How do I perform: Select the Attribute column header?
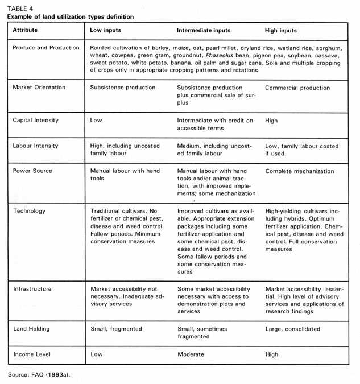[x=26, y=30]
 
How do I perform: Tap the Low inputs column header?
[x=106, y=30]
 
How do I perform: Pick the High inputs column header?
[x=281, y=30]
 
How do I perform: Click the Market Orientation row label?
[x=39, y=88]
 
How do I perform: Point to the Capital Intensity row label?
[x=35, y=121]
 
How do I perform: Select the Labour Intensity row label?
[x=35, y=146]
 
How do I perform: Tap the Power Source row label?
[x=32, y=171]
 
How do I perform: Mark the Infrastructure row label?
[x=32, y=289]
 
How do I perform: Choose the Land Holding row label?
[x=31, y=329]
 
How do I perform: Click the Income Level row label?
[x=32, y=354]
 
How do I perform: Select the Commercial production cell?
[x=297, y=88]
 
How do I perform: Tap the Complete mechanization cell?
[x=300, y=171]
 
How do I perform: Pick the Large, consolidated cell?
[x=292, y=329]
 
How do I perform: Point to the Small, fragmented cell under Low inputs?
[x=116, y=329]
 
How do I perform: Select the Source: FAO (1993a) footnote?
[x=36, y=374]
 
